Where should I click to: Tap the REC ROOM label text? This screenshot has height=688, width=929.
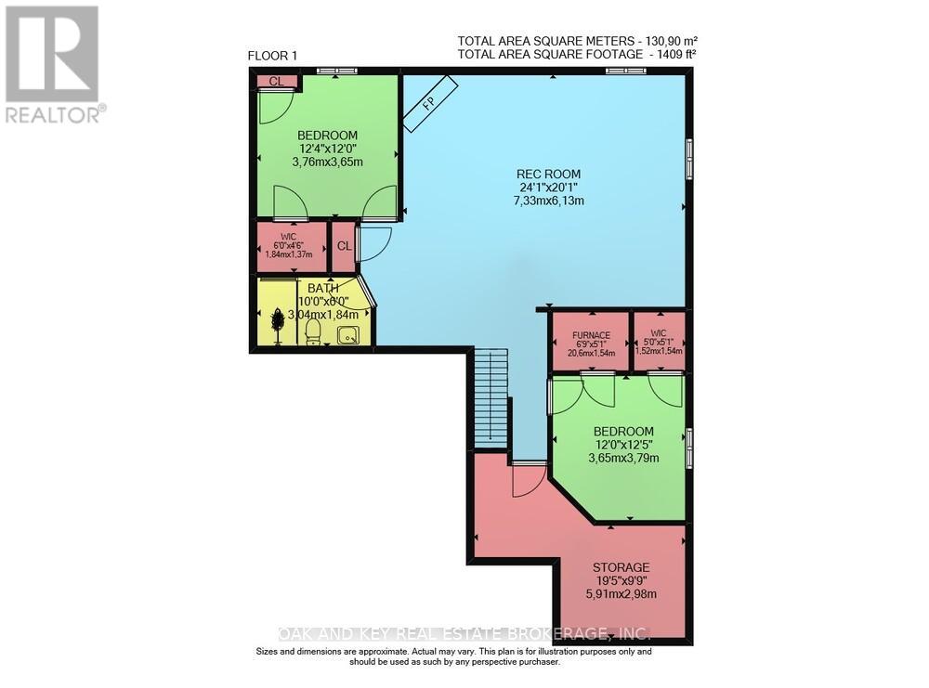(548, 174)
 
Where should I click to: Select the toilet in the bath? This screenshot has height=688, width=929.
(313, 331)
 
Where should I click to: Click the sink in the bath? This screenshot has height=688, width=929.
(347, 335)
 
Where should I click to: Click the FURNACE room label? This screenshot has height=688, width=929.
(590, 335)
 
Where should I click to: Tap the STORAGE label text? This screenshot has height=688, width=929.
(621, 567)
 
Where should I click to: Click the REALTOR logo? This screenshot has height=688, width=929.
(52, 64)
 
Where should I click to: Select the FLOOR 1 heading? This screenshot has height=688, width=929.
(272, 56)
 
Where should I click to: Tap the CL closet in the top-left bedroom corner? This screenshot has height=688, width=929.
(276, 82)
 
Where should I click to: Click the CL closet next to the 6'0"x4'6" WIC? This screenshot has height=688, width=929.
(344, 246)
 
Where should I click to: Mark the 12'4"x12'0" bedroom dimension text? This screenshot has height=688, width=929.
(327, 149)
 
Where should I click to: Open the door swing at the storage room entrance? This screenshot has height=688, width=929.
(527, 478)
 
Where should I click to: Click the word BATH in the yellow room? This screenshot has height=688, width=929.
(323, 289)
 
